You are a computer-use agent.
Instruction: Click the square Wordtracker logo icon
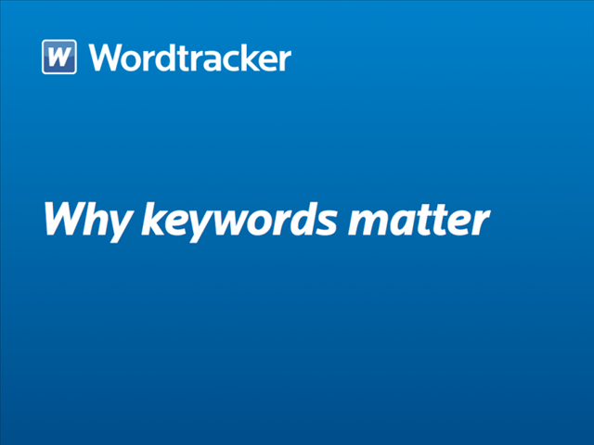[x=59, y=57]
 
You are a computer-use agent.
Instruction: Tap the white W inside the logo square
[x=59, y=57]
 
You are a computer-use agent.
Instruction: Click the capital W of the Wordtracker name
[x=105, y=57]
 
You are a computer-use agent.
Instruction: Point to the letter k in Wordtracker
[x=250, y=57]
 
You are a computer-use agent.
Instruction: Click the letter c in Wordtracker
[x=231, y=60]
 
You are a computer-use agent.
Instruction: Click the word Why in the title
[x=88, y=222]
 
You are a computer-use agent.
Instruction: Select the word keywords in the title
[x=239, y=222]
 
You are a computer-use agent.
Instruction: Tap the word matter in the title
[x=420, y=221]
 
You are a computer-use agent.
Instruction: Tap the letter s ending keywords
[x=326, y=224]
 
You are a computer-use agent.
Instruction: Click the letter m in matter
[x=369, y=223]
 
